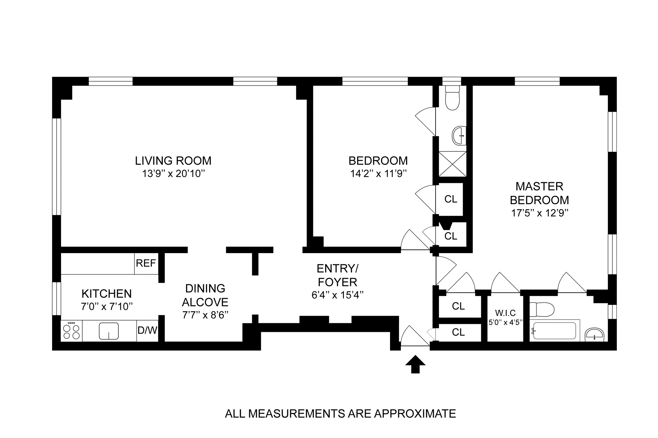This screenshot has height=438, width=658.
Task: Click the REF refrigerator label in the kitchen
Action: point(146,263)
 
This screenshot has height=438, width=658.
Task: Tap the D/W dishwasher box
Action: point(147,330)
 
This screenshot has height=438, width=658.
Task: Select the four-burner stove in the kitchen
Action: point(72,331)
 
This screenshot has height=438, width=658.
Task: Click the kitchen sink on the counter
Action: point(109,331)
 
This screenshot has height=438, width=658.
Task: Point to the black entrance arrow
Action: point(415,364)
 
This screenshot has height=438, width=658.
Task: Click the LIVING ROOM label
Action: point(173,161)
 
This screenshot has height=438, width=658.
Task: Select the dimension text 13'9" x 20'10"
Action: point(173,174)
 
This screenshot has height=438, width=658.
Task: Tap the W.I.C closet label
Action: point(505,313)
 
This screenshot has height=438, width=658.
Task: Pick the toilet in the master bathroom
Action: point(542,310)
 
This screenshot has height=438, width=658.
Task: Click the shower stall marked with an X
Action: point(452,164)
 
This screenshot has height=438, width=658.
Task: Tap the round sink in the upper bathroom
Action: point(459,136)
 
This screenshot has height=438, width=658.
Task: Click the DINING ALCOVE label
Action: point(205,295)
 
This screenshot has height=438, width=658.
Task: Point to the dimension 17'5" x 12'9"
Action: point(540,213)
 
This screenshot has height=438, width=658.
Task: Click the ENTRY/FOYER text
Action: point(338,275)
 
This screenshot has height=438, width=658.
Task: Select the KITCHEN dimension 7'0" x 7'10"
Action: point(107,306)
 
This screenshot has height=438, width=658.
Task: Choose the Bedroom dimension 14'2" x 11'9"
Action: point(378,174)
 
